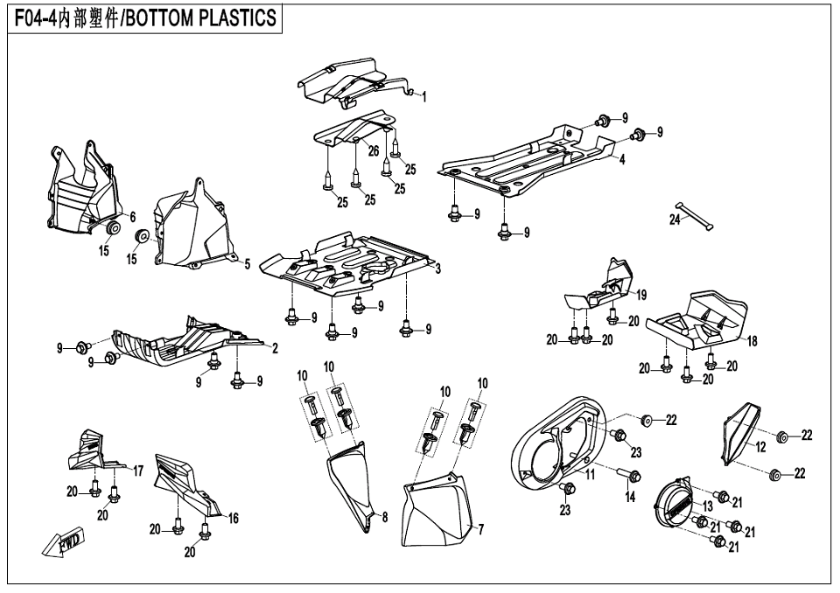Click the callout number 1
click(424, 97)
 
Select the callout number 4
click(622, 160)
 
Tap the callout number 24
click(675, 220)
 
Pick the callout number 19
click(641, 295)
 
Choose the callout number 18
click(752, 341)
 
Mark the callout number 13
click(707, 506)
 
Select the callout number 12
click(760, 447)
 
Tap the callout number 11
click(591, 474)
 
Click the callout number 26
click(374, 151)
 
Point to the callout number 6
click(133, 216)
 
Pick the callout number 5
click(248, 263)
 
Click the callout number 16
click(234, 518)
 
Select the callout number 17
click(138, 471)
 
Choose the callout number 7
click(480, 528)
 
